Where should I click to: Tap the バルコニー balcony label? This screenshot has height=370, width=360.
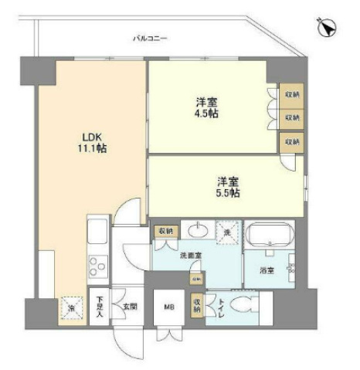150,37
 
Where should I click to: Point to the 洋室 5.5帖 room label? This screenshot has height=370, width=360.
226,187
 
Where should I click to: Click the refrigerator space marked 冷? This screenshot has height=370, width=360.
72,307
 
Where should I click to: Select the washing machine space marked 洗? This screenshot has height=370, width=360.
227,231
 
